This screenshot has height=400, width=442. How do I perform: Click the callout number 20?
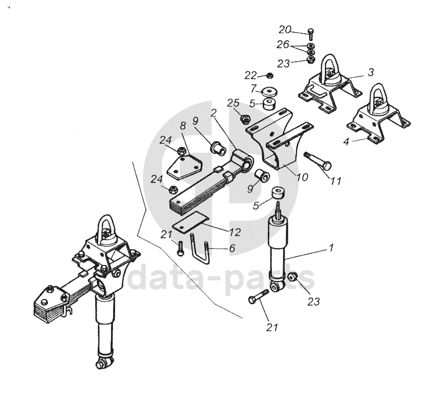pyautogui.click(x=285, y=29)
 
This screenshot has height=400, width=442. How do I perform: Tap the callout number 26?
pyautogui.click(x=283, y=45)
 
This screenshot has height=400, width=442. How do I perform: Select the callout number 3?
pyautogui.click(x=371, y=72)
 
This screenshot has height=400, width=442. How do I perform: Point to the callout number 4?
pyautogui.click(x=346, y=142)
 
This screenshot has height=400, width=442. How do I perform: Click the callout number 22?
pyautogui.click(x=250, y=75)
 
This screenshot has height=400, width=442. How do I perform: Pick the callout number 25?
pyautogui.click(x=233, y=103)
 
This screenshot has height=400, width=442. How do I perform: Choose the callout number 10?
pyautogui.click(x=302, y=177)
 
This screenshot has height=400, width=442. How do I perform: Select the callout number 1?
pyautogui.click(x=331, y=248)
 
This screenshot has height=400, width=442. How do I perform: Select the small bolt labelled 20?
pyautogui.click(x=311, y=34)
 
